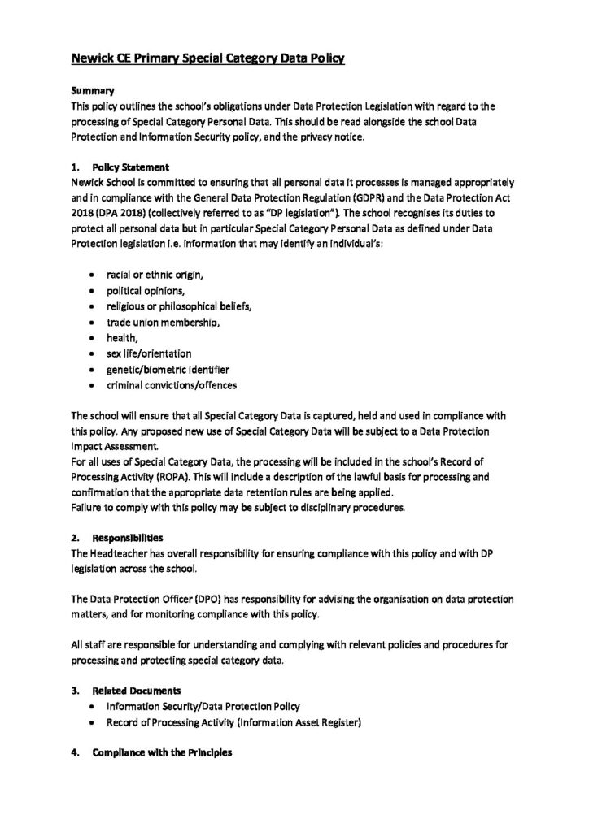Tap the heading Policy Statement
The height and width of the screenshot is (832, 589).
tap(131, 167)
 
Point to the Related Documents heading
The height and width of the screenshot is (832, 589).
tap(137, 691)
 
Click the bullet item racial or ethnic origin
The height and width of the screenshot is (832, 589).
tap(154, 275)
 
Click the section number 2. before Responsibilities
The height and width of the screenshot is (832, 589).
tap(75, 538)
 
